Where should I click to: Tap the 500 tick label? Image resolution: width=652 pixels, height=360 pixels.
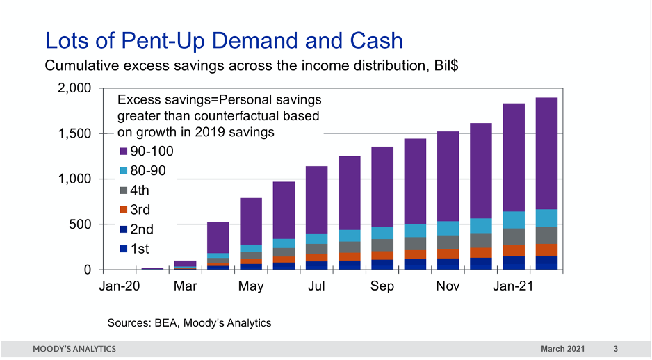82,224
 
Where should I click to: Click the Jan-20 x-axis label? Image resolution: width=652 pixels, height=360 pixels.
120,286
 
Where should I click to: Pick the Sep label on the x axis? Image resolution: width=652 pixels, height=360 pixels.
382,286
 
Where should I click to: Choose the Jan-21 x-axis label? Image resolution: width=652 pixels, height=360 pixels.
513,286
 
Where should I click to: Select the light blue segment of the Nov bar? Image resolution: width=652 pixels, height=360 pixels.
448,229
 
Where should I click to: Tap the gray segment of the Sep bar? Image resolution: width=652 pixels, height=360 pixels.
382,245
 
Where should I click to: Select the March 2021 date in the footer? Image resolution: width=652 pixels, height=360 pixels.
563,348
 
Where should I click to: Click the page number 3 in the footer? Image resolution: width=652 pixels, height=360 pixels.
616,348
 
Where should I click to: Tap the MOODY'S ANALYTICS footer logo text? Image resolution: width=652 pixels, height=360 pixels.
74,348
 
